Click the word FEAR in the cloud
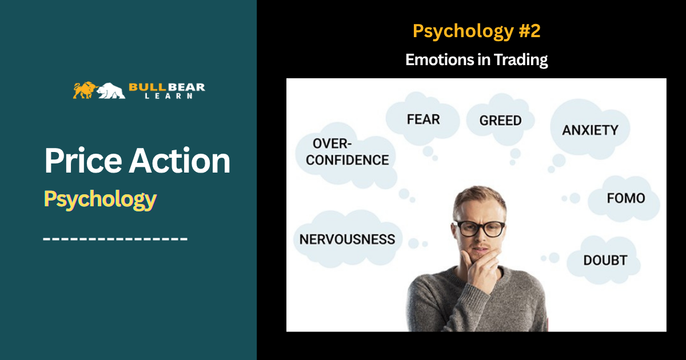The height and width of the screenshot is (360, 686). (x=423, y=119)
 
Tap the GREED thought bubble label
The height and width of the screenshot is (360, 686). (x=500, y=121)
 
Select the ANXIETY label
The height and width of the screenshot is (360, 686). (x=590, y=130)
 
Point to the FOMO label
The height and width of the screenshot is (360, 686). (x=626, y=198)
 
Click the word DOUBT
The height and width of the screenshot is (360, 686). (x=605, y=261)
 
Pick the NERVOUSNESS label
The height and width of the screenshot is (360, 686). (x=348, y=239)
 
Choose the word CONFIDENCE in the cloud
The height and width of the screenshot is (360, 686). (x=348, y=160)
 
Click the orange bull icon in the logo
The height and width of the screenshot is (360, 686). (x=85, y=90)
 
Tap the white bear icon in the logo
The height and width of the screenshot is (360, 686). (x=111, y=91)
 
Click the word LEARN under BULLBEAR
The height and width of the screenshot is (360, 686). (x=169, y=96)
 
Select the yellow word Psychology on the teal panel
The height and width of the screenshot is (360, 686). (x=100, y=199)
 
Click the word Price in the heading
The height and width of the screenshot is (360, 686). (x=83, y=161)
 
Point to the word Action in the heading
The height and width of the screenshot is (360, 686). (x=180, y=161)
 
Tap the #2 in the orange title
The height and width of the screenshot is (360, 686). (x=530, y=31)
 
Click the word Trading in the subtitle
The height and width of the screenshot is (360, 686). (x=521, y=60)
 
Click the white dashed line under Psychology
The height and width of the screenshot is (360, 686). (x=115, y=239)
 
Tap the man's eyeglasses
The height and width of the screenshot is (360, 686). (x=478, y=229)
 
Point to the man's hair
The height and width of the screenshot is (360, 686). (x=478, y=199)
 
